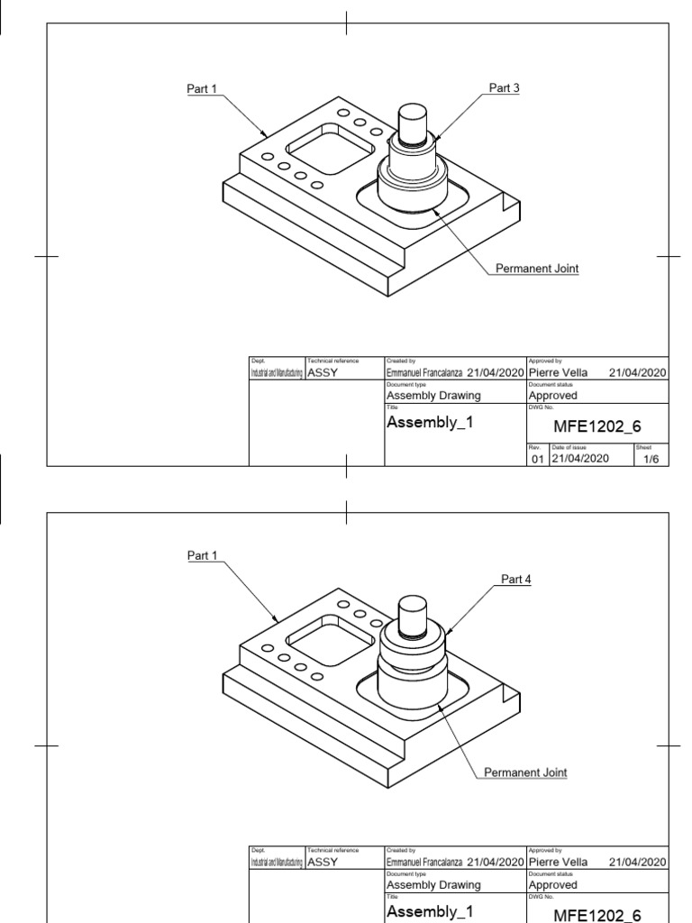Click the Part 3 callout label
tap(505, 88)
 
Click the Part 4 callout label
tap(516, 580)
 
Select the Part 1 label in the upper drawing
tap(202, 88)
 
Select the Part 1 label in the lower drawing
tap(203, 555)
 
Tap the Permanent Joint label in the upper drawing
tap(537, 269)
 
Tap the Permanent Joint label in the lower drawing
tap(525, 772)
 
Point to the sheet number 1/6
tap(651, 458)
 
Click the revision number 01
tap(537, 459)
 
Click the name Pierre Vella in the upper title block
tap(558, 372)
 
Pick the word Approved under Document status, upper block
tap(553, 395)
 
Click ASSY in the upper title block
tap(323, 372)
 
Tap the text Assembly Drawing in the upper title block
tap(433, 395)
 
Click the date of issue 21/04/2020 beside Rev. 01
tap(580, 458)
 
